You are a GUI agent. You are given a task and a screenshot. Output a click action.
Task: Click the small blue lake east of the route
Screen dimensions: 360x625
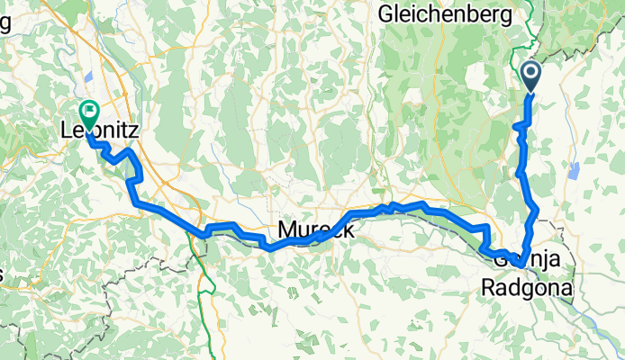tap(574, 171)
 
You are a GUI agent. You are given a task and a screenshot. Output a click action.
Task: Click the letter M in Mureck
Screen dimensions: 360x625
tap(286, 231)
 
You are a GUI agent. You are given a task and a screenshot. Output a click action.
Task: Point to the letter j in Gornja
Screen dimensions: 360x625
tap(549, 261)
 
